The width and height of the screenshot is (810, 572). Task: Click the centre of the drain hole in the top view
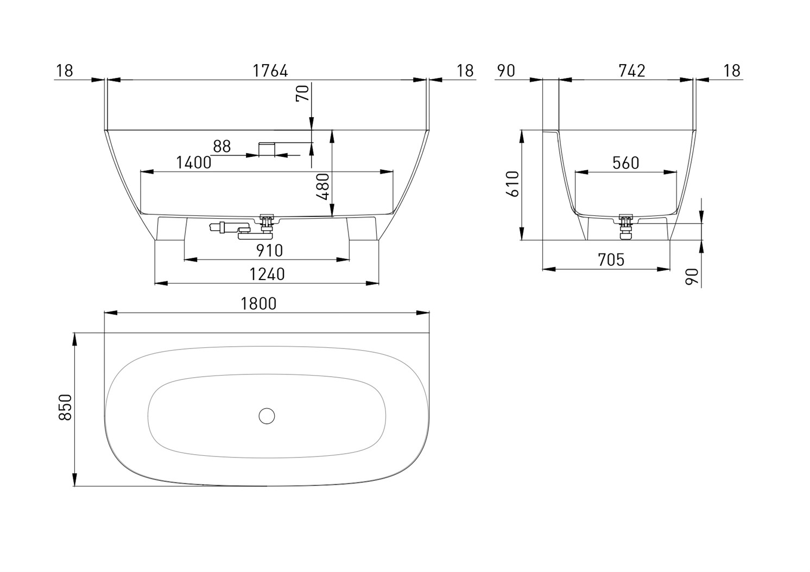tap(267, 416)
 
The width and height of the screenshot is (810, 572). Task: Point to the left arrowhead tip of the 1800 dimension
tap(104, 313)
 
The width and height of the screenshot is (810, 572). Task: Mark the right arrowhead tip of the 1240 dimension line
tap(378, 283)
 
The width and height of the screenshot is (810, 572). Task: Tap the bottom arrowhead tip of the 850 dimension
tap(75, 486)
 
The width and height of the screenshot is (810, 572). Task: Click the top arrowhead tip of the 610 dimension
tap(522, 130)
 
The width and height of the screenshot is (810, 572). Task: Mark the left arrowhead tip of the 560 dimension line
tap(575, 173)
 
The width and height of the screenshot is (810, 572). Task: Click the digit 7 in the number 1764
tap(262, 71)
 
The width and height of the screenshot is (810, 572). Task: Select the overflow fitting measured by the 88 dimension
tap(267, 149)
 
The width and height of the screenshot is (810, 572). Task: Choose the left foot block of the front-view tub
tap(171, 228)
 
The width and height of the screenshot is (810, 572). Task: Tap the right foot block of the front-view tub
tap(362, 228)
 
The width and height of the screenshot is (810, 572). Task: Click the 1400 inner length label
tap(194, 163)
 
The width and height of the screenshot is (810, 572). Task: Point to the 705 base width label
tap(611, 260)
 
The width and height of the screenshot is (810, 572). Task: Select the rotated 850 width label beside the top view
tap(66, 408)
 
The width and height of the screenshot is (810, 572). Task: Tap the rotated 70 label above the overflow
tap(303, 93)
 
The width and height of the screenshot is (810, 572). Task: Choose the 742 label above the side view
tap(632, 71)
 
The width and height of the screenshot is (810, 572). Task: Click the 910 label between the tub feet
tap(269, 251)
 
